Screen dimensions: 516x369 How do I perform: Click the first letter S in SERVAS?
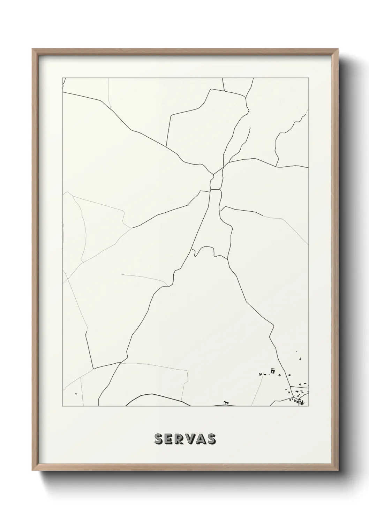tap(159, 439)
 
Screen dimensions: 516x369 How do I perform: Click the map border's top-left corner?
tap(62, 78)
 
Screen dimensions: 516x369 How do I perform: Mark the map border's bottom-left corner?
tap(62, 406)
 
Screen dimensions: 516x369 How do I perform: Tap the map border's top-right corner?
tap(308, 78)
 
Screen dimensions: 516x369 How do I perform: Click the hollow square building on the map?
tap(273, 371)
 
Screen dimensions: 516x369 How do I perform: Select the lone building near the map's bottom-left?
tap(76, 394)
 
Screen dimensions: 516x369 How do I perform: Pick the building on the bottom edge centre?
tap(226, 403)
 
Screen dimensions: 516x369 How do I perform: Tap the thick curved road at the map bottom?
tap(157, 396)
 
